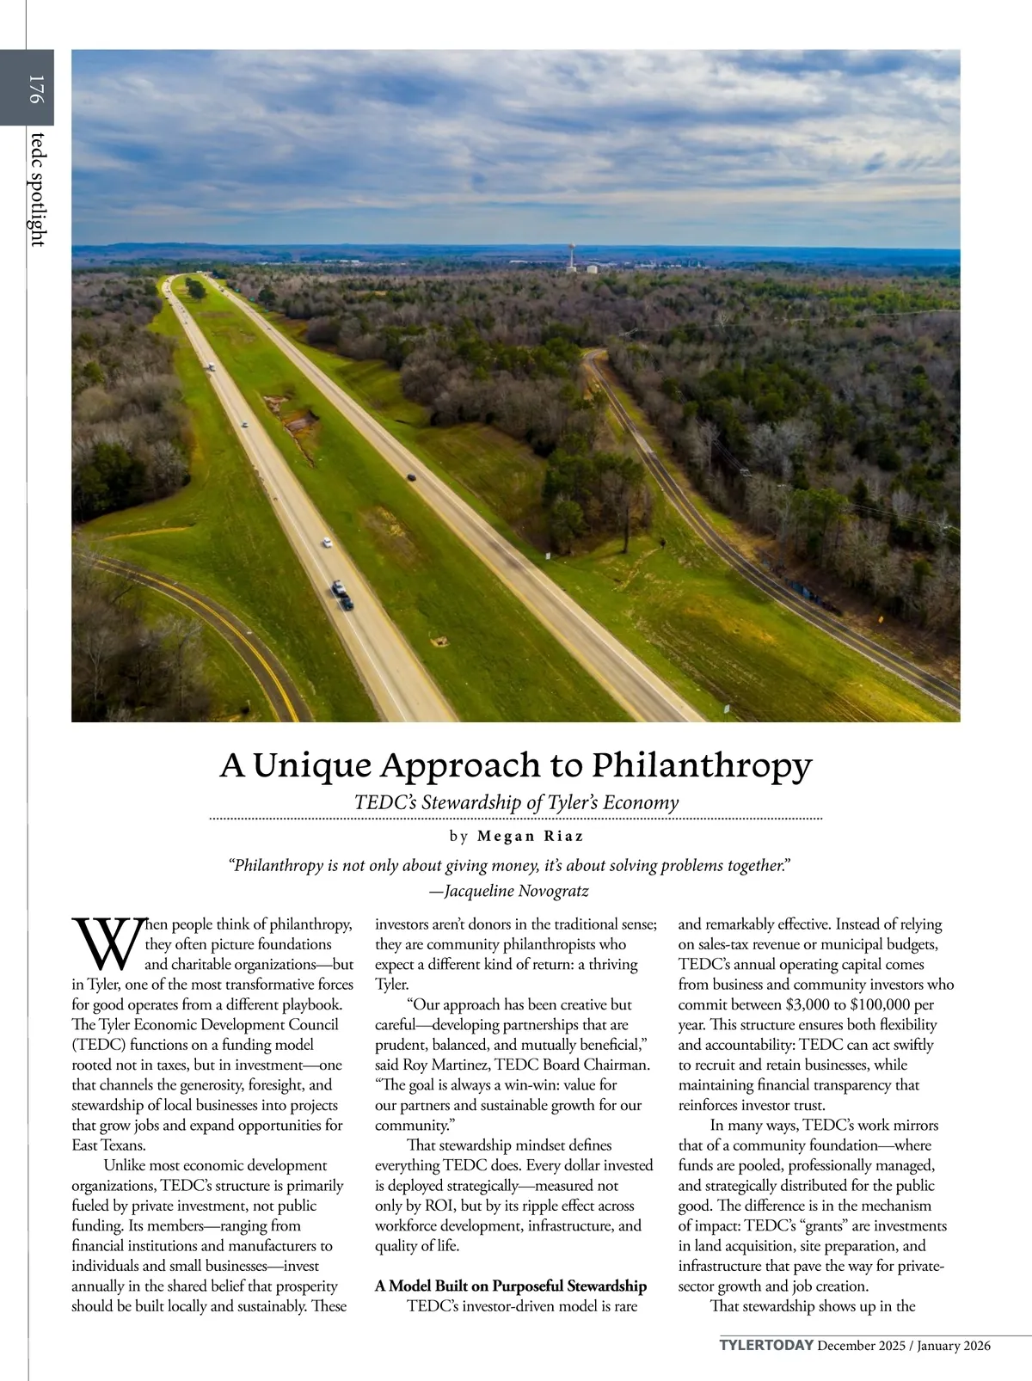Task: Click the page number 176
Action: [x=35, y=89]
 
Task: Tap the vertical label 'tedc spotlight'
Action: [x=35, y=188]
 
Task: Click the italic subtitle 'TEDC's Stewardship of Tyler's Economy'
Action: [x=516, y=802]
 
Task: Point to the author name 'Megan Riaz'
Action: [x=530, y=836]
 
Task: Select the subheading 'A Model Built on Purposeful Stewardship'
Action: [x=511, y=1286]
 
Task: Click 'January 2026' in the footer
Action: [x=954, y=1346]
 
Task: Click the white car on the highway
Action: [x=327, y=543]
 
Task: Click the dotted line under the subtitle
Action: [x=516, y=819]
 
